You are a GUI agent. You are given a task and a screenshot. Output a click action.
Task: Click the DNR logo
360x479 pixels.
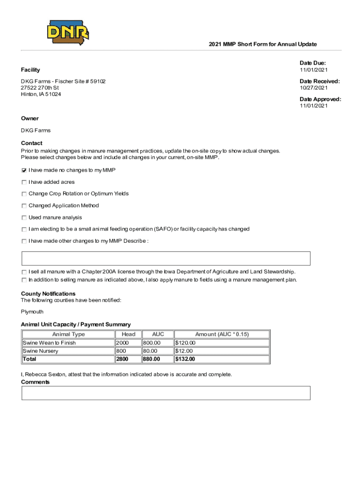[x=68, y=33]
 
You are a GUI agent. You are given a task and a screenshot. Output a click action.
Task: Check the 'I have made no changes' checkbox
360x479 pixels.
[x=24, y=171]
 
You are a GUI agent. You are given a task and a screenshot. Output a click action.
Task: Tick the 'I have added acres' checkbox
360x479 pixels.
[x=24, y=182]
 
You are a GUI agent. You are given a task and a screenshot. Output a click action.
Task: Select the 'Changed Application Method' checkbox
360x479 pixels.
[x=24, y=206]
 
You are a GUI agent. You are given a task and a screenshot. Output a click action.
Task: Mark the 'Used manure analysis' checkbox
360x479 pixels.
[x=24, y=218]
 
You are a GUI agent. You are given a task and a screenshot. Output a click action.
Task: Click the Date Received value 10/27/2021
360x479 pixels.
[x=314, y=88]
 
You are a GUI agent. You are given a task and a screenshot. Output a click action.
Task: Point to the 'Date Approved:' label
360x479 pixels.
[x=320, y=99]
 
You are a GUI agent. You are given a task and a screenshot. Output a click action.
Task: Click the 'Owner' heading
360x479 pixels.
[x=30, y=118]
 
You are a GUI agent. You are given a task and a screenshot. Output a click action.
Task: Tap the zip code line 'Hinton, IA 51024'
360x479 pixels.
[x=41, y=94]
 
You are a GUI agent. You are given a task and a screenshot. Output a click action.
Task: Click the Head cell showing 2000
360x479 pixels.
[x=122, y=343]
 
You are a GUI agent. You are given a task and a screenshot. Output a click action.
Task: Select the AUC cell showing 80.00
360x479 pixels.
[x=151, y=351]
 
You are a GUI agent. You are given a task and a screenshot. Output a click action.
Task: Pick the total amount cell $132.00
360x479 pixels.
[x=185, y=359]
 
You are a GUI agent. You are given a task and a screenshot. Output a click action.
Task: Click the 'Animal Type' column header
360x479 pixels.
[x=68, y=334]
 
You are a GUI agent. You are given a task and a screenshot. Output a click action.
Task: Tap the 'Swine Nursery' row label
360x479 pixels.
[x=41, y=351]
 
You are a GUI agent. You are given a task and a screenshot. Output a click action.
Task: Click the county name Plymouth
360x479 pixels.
[x=32, y=312]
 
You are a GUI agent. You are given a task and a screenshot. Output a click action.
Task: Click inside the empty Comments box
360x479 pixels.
[x=166, y=393]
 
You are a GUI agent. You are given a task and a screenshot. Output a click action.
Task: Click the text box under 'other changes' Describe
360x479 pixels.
[x=166, y=258]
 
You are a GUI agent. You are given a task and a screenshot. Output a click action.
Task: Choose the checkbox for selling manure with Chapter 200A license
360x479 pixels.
[x=24, y=272]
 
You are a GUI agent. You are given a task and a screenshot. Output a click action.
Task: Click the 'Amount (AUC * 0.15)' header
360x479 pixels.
[x=222, y=334]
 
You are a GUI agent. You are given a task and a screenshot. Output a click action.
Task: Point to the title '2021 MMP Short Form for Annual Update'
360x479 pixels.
[x=262, y=44]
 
